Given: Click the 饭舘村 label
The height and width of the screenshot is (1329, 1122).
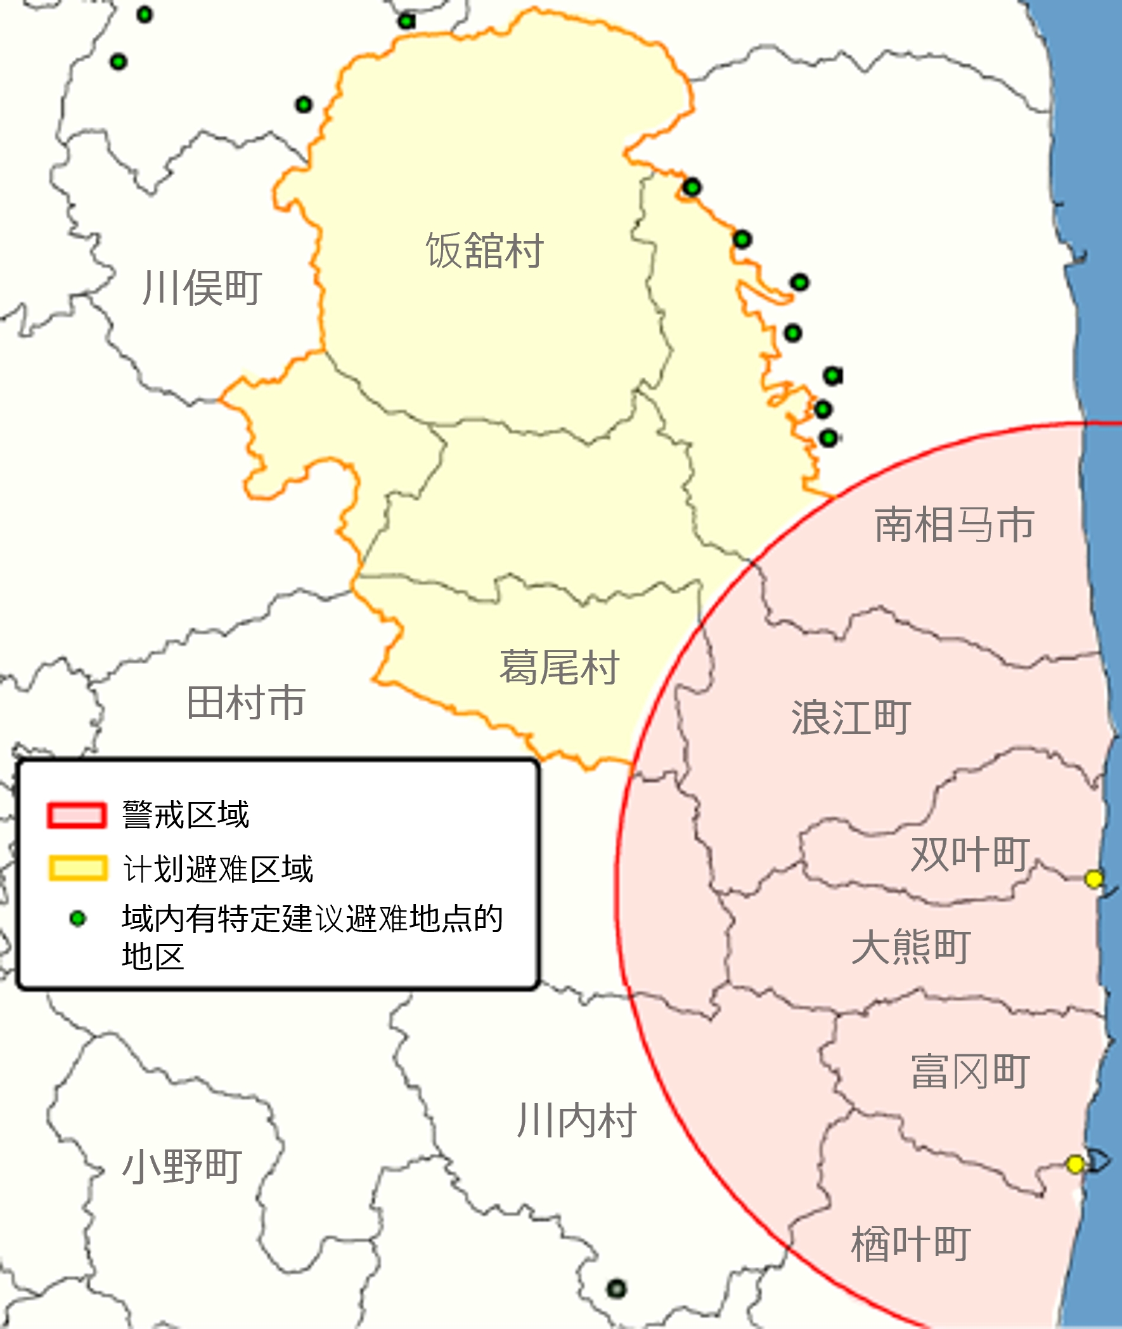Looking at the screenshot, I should click(x=484, y=251).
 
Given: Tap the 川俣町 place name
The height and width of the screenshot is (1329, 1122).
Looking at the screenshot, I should click(x=202, y=288).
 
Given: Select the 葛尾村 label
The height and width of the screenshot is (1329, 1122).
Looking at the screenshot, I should click(x=558, y=668).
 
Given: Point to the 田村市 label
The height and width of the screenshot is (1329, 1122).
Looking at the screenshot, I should click(x=246, y=702).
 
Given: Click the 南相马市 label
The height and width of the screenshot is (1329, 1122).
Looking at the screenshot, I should click(x=953, y=525).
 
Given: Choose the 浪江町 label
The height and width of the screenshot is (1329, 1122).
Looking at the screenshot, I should click(x=851, y=717).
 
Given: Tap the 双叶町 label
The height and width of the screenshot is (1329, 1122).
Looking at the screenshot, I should click(x=969, y=853).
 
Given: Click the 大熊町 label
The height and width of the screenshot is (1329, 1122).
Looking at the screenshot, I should click(x=910, y=946).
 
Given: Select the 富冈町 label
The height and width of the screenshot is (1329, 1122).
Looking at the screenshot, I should click(x=969, y=1071).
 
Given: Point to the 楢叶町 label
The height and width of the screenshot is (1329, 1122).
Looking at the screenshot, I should click(x=910, y=1244).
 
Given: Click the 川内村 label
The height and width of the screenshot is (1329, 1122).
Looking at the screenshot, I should click(x=576, y=1120).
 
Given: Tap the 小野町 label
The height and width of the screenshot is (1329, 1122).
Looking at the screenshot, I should click(x=182, y=1166).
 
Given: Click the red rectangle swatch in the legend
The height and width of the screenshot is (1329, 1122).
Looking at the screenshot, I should click(x=76, y=815).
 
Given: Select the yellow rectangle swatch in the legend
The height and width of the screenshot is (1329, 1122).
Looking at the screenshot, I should click(x=77, y=868).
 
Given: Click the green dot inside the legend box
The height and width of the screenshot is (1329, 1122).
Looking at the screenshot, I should click(x=77, y=919).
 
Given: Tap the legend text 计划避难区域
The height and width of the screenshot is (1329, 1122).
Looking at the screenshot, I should click(x=217, y=869).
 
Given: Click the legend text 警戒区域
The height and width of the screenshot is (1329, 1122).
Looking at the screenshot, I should click(x=185, y=815).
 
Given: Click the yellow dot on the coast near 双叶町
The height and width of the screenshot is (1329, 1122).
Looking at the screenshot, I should click(x=1093, y=879).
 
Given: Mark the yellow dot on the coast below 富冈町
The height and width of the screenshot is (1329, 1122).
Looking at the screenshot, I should click(x=1075, y=1164).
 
